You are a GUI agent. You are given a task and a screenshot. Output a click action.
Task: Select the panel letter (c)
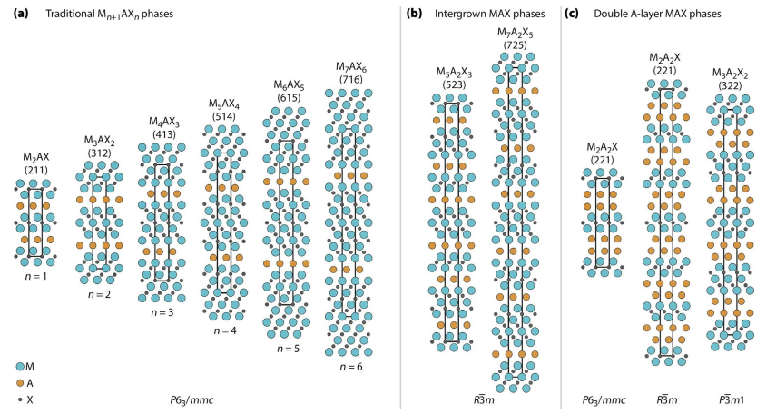click(572, 15)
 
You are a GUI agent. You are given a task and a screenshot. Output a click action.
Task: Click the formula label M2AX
click(37, 156)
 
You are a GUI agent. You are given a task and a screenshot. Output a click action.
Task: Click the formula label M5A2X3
click(454, 72)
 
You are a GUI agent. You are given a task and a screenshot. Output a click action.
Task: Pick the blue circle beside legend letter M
click(20, 366)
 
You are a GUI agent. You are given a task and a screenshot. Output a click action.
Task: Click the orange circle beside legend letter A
click(20, 383)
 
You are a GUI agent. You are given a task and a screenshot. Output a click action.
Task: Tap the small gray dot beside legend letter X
click(20, 399)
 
